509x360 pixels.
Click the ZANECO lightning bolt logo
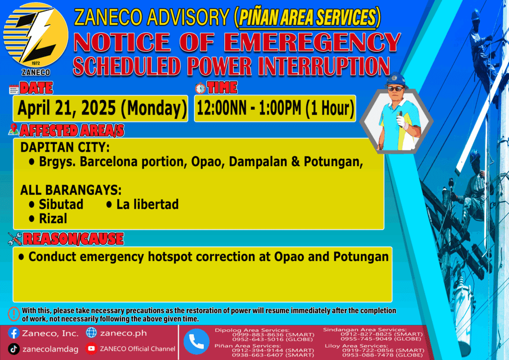point(36,35)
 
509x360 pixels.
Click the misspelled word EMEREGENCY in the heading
point(312,42)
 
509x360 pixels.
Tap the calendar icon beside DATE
point(13,90)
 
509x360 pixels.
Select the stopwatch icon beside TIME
point(200,88)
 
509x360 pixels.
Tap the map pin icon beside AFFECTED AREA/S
point(13,129)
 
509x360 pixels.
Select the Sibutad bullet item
point(56,204)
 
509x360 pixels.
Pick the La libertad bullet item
point(142,204)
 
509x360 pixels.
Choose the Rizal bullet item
point(48,218)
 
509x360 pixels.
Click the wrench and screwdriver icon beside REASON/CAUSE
point(15,239)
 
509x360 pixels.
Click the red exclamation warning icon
point(14,314)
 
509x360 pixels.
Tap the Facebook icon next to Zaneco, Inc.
point(13,333)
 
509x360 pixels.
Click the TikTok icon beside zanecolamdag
point(13,349)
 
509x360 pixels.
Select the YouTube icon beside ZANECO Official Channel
point(91,349)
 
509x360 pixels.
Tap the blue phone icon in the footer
point(196,342)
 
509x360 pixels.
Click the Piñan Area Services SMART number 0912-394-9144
point(257,350)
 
